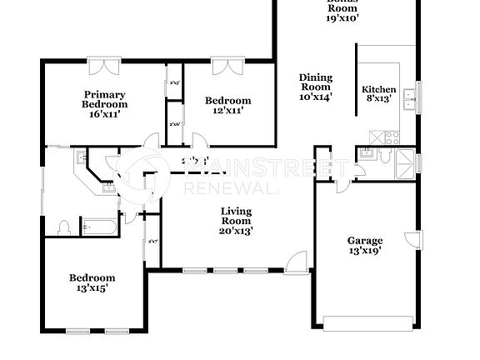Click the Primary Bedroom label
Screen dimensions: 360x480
point(104,99)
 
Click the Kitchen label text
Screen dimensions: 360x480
point(378,90)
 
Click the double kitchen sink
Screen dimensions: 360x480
point(408,99)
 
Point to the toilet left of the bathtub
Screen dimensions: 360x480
point(64,226)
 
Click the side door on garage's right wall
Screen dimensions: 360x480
point(410,240)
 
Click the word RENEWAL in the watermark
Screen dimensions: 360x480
point(219,188)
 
